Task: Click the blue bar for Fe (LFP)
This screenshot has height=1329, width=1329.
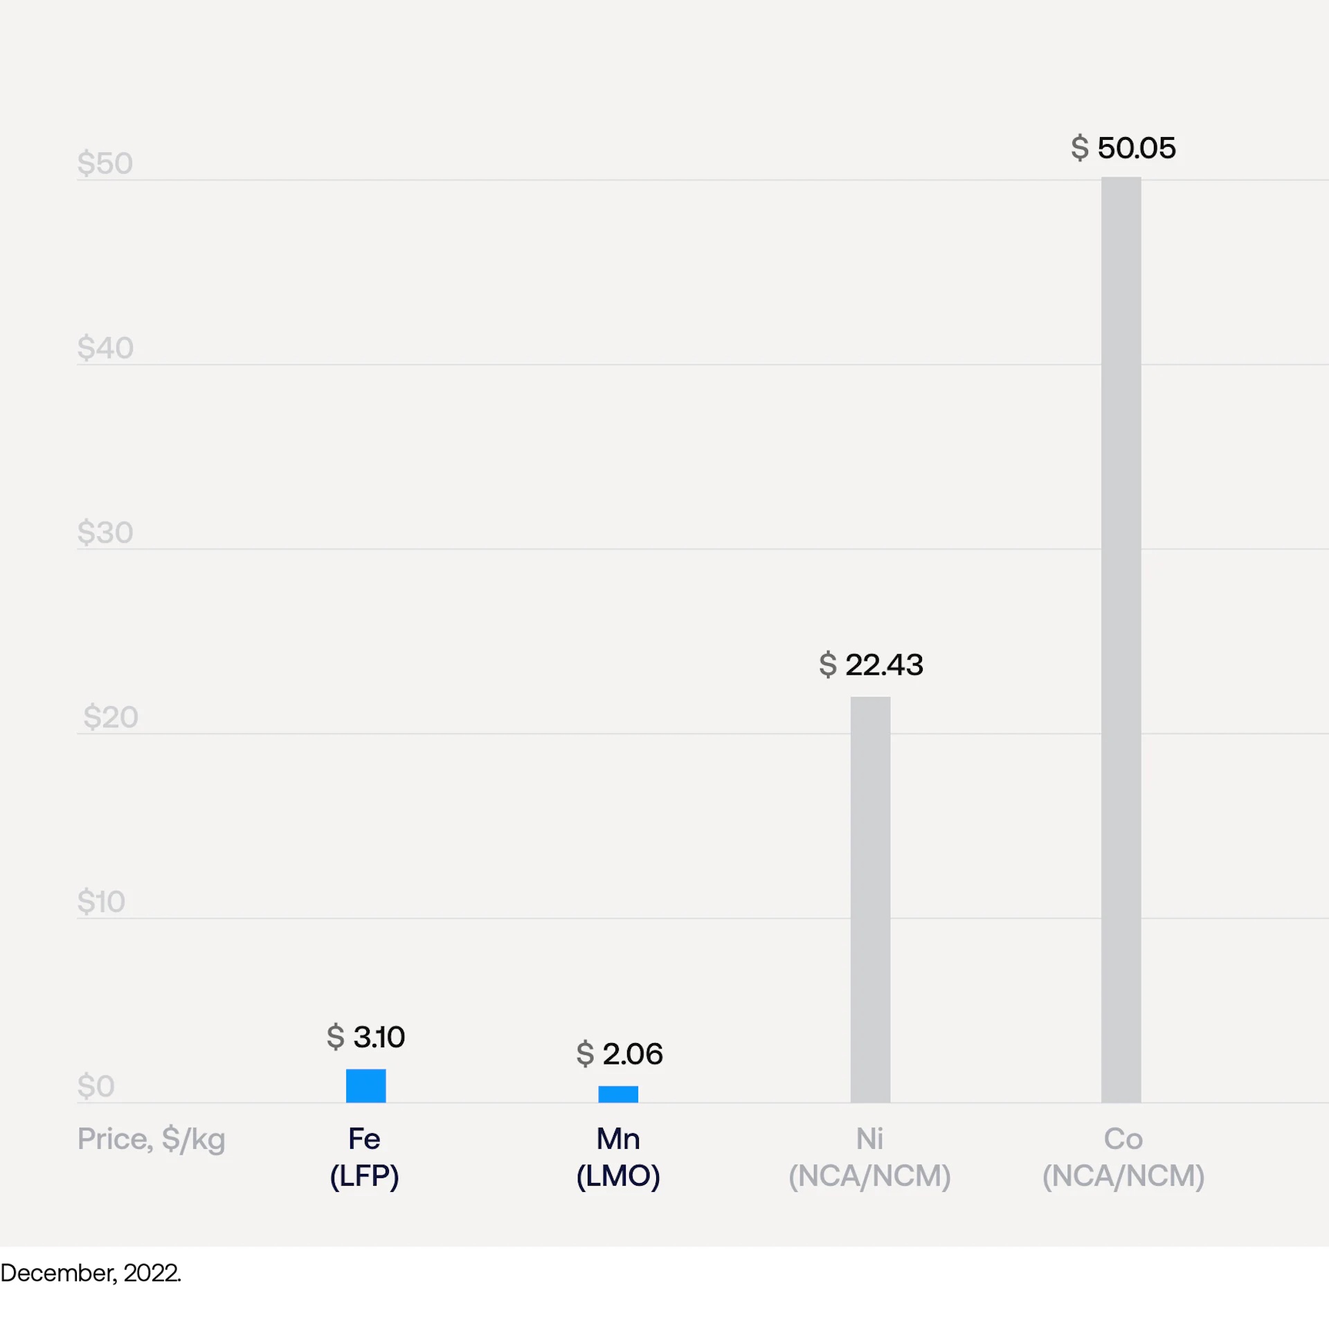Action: click(365, 1085)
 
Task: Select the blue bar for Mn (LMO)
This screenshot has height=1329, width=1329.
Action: click(618, 1094)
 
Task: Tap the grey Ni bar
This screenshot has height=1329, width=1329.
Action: click(870, 900)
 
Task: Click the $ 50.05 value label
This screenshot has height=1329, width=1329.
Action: click(1123, 148)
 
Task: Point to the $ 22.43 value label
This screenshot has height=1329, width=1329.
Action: click(871, 664)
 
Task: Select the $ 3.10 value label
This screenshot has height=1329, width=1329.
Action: click(365, 1037)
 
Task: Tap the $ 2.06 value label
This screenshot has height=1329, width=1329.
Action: click(620, 1054)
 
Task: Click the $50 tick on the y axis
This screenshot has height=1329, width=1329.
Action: click(105, 163)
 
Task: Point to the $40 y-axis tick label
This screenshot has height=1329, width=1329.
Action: click(105, 347)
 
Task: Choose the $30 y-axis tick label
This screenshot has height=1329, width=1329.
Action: click(105, 532)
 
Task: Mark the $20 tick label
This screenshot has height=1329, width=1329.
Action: click(111, 717)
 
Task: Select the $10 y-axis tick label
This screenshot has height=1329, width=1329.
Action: click(101, 901)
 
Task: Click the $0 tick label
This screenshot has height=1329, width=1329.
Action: click(96, 1086)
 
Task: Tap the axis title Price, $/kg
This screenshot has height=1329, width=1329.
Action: click(151, 1139)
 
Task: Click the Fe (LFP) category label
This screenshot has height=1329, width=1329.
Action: click(364, 1157)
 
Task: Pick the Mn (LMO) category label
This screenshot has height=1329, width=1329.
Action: click(618, 1157)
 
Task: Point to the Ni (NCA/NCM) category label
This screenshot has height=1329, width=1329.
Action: click(869, 1157)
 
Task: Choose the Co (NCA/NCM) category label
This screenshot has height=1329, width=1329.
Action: click(1123, 1157)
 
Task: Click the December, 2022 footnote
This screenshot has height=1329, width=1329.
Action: click(91, 1273)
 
